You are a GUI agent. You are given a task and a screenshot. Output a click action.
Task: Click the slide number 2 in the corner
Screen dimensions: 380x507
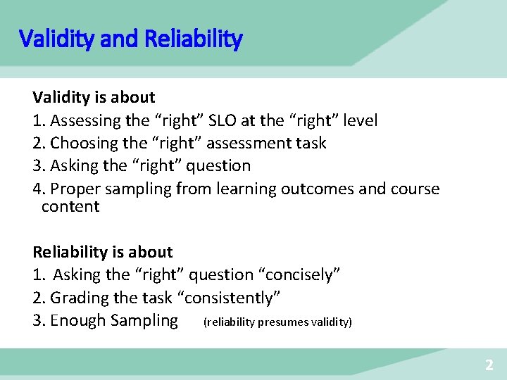(489, 365)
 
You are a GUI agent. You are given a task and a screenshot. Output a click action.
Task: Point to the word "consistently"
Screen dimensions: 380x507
(232, 298)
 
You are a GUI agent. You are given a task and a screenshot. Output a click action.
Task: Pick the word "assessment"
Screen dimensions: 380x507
(249, 144)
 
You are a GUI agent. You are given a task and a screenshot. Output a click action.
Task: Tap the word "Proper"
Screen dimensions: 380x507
(76, 189)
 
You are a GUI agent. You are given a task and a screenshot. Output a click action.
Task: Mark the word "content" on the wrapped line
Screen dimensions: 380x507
(70, 207)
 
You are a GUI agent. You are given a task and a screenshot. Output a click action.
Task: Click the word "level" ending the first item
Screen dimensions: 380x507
(359, 120)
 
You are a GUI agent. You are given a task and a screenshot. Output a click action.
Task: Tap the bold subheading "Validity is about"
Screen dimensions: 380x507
(94, 97)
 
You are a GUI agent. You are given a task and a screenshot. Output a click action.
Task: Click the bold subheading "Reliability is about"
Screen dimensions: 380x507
(103, 252)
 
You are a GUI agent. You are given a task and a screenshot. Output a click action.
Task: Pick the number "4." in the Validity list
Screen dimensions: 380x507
(39, 189)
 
